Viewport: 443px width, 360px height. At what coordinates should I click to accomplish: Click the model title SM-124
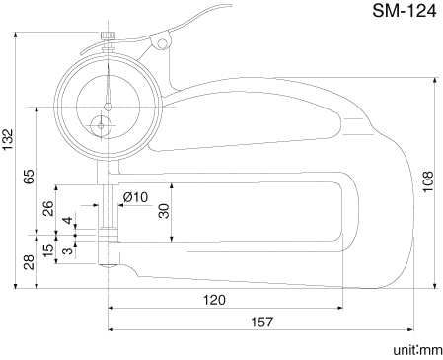pyautogui.click(x=405, y=11)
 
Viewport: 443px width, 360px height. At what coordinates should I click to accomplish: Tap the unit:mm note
pyautogui.click(x=418, y=350)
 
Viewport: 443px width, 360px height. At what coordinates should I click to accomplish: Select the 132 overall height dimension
pyautogui.click(x=7, y=140)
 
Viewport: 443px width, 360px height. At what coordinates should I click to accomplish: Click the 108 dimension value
pyautogui.click(x=428, y=181)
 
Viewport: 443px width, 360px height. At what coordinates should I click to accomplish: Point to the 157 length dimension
pyautogui.click(x=262, y=322)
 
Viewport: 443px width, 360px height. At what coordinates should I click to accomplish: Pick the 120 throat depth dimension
pyautogui.click(x=214, y=300)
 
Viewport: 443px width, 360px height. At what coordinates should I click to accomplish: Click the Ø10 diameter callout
pyautogui.click(x=135, y=197)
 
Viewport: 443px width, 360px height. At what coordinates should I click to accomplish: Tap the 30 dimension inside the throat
pyautogui.click(x=164, y=211)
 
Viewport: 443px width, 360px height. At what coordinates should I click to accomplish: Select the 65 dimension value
pyautogui.click(x=29, y=177)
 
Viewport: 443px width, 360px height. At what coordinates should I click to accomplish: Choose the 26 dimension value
pyautogui.click(x=48, y=208)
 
